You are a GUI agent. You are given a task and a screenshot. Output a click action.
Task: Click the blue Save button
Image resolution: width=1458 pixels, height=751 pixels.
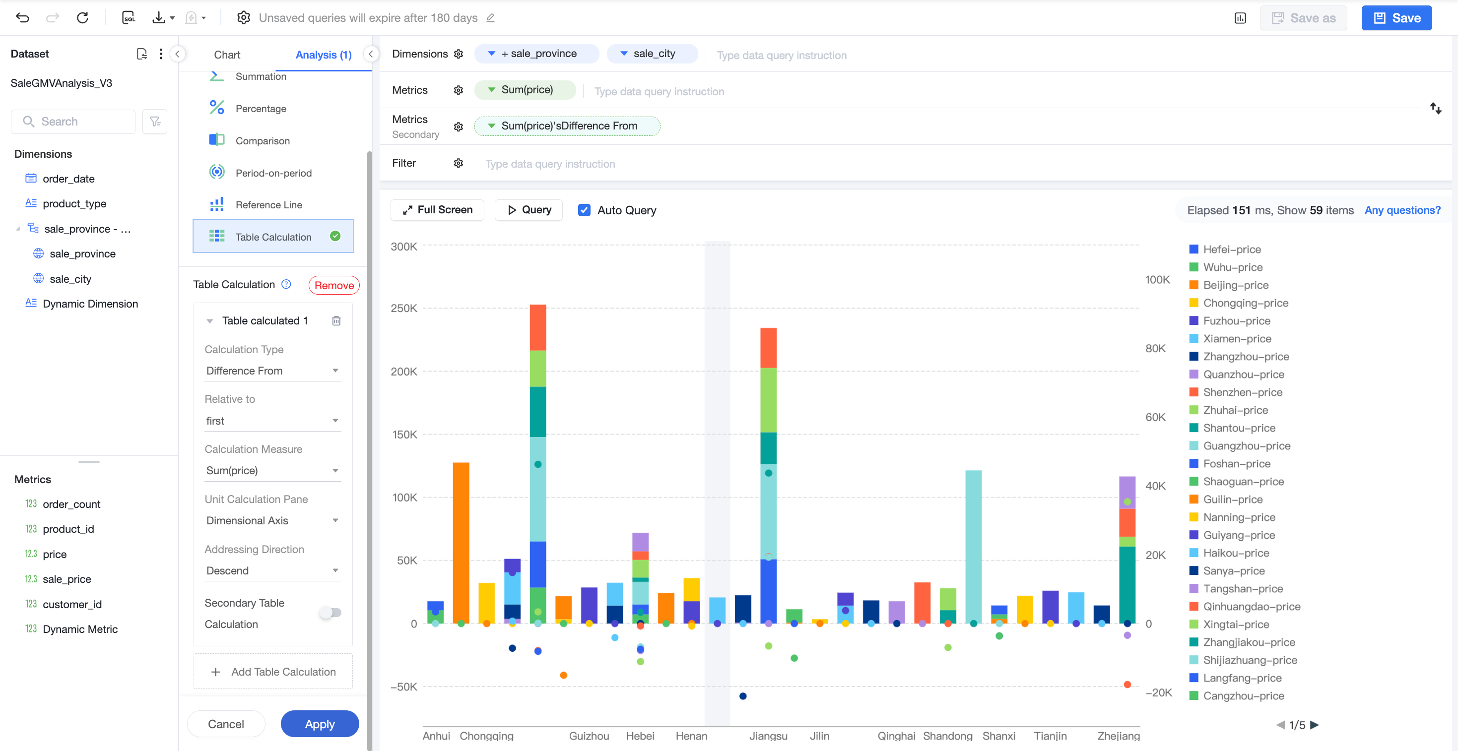pos(1396,18)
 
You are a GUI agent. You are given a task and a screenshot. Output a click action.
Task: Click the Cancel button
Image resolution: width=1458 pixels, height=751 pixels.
pos(226,724)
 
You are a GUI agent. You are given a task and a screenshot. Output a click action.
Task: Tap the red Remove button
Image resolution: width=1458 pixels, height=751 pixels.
pos(334,285)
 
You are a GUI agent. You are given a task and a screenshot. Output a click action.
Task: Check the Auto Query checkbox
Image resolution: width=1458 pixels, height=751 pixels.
pos(584,210)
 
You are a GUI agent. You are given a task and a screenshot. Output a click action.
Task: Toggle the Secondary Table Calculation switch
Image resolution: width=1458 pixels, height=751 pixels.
pos(331,612)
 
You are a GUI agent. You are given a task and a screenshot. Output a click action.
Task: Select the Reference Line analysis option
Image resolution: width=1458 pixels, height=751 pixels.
pos(269,205)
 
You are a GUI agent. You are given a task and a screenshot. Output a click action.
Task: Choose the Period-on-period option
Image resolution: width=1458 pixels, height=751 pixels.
pos(273,173)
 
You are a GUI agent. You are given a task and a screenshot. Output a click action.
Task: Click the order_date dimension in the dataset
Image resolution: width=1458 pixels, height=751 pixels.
pos(68,179)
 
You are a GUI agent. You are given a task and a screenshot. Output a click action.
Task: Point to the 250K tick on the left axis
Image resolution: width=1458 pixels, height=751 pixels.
pos(403,309)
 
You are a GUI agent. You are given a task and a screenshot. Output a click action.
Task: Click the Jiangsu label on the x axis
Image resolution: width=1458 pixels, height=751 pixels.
pos(768,736)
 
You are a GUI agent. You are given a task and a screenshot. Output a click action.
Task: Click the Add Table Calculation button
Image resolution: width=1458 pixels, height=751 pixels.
pos(273,672)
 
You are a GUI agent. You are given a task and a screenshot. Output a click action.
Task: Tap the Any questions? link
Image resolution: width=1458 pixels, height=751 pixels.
pos(1402,210)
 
